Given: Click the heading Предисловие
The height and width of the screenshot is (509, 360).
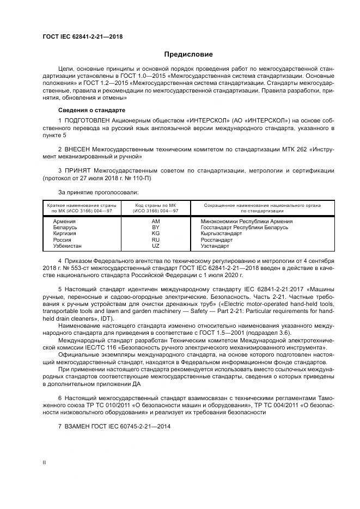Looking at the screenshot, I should click(188, 54).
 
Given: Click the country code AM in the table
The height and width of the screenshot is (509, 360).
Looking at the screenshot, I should click(155, 222).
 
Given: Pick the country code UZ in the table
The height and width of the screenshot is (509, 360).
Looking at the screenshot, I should click(155, 246).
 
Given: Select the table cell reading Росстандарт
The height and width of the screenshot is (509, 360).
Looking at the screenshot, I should click(216, 240).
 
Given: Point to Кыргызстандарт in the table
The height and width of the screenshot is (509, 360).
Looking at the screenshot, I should click(221, 234).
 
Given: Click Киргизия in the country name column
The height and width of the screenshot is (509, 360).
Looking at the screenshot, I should click(64, 234).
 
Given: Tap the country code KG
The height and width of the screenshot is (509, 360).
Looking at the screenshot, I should click(155, 234).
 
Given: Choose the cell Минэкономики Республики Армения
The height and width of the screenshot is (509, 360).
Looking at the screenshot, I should click(246, 222).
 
